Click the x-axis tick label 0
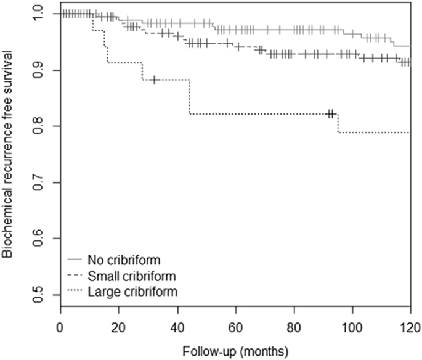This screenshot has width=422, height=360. [x=60, y=325]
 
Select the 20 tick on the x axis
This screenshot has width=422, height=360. [x=118, y=325]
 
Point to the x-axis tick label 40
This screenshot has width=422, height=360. [x=177, y=325]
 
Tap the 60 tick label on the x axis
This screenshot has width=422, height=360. [x=235, y=325]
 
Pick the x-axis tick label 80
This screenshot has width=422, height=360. [x=294, y=325]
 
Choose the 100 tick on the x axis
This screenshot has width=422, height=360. [x=352, y=325]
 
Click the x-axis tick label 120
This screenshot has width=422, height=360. [x=409, y=325]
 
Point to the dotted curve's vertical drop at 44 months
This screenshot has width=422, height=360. [x=189, y=97]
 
